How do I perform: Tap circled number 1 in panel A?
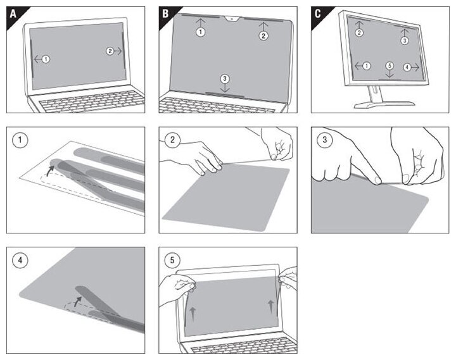pyautogui.click(x=46, y=59)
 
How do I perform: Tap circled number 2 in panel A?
pyautogui.click(x=110, y=51)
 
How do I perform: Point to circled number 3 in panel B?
pyautogui.click(x=225, y=78)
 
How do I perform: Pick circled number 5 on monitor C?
pyautogui.click(x=389, y=66)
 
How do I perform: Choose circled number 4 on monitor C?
pyautogui.click(x=407, y=66)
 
